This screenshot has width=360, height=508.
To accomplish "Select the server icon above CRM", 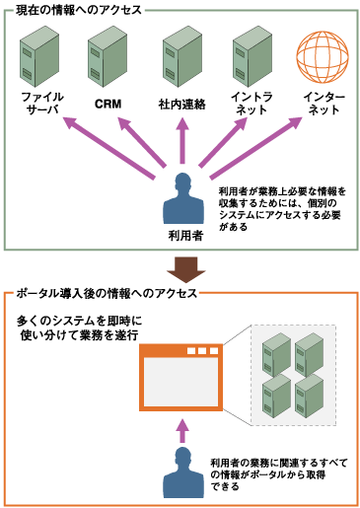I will (108, 58).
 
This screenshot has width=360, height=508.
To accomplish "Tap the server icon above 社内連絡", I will (180, 58).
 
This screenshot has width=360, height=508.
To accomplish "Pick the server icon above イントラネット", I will (251, 58).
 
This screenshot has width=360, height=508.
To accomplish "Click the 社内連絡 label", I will (180, 103).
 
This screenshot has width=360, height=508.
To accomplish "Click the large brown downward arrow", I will (180, 268).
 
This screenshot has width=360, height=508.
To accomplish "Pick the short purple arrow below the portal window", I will (180, 427).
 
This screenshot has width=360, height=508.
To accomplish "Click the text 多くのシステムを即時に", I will (82, 321).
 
